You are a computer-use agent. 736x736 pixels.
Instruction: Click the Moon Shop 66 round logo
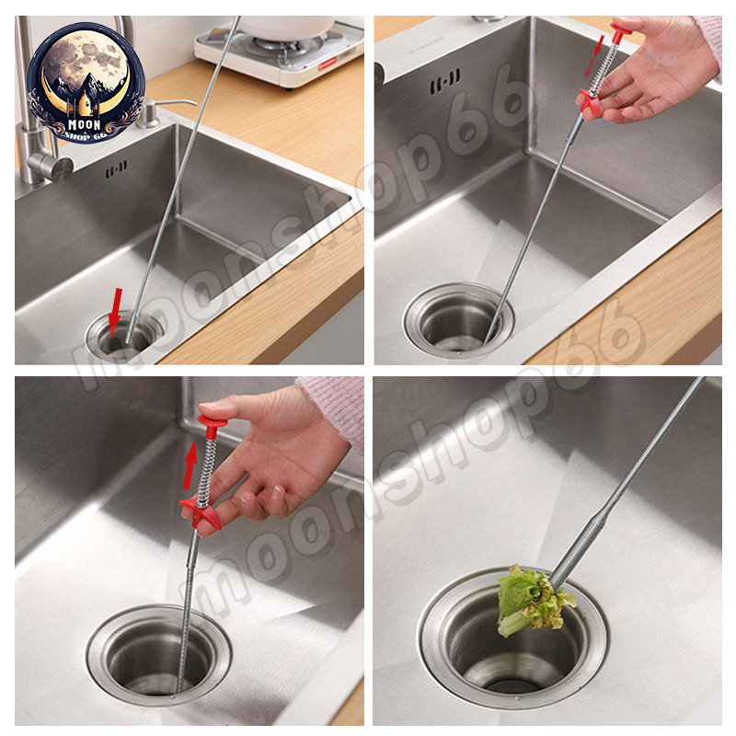pos(86,83)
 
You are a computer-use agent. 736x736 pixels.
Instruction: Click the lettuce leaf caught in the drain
pos(533,600)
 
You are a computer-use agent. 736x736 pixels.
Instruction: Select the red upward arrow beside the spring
pos(190,464)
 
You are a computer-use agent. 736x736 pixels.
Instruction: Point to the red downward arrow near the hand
pos(593,56)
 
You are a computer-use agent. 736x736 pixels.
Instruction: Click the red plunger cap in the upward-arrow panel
pos(212,421)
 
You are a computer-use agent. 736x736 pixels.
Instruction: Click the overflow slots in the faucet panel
pos(116,169)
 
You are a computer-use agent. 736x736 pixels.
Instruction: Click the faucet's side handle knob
pos(51,167)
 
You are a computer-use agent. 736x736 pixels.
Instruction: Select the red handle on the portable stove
pos(328,63)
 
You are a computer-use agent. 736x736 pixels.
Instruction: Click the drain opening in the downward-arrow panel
pos(458,321)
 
